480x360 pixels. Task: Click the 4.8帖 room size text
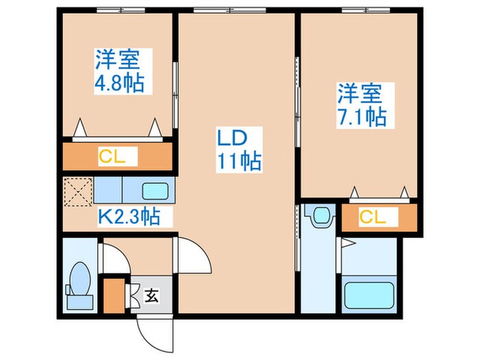tap(119, 84)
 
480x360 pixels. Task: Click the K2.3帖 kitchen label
tap(129, 217)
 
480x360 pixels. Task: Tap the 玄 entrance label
tap(151, 296)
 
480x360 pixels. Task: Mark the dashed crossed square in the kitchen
tap(77, 190)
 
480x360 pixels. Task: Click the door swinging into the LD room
tap(194, 258)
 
